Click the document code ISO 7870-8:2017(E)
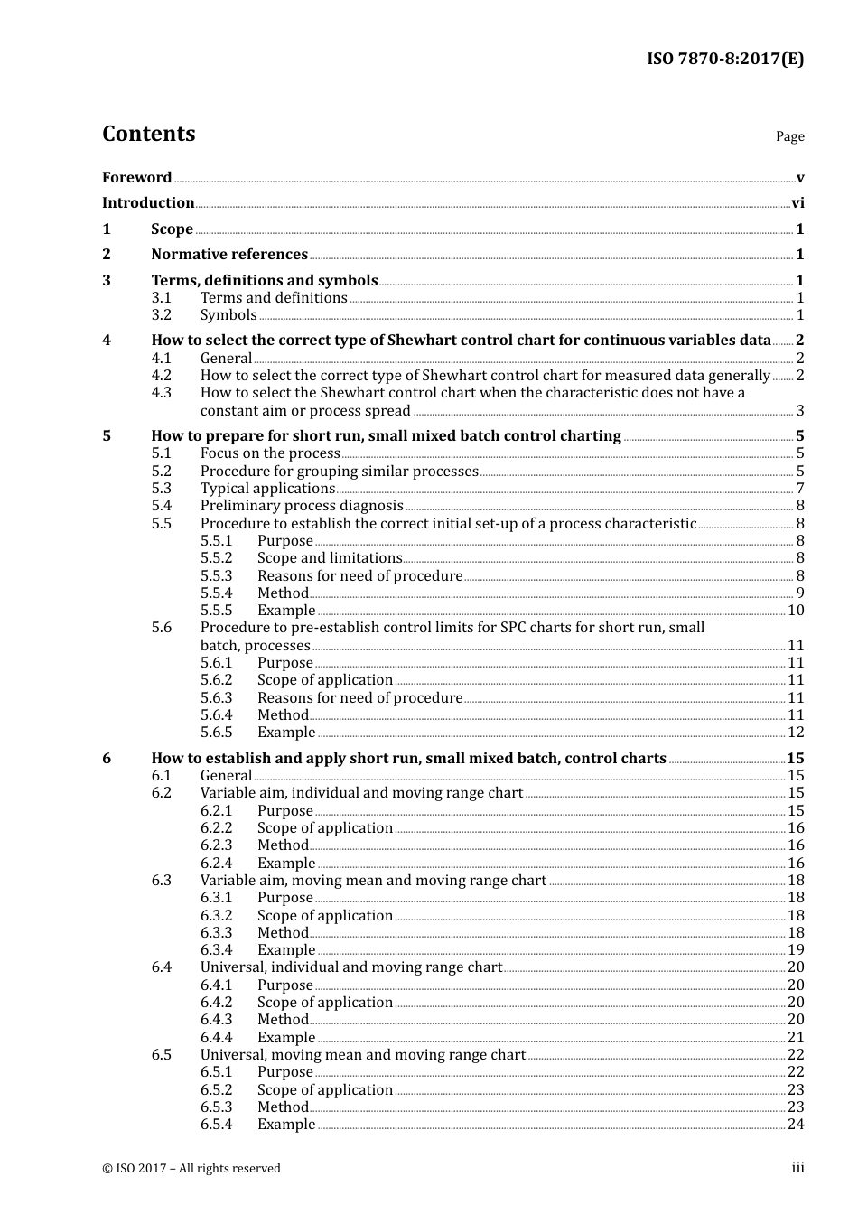coord(724,59)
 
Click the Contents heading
coord(148,134)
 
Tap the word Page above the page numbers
coord(789,136)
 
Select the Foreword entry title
coord(136,178)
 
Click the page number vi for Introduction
coord(797,203)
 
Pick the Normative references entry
coord(229,255)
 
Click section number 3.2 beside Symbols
coord(161,315)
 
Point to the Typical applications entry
coord(267,489)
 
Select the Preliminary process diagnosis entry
coord(302,506)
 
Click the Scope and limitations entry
coord(330,558)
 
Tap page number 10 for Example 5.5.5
coord(796,611)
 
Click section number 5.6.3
coord(216,698)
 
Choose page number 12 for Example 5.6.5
coord(796,733)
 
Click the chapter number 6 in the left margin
coord(107,759)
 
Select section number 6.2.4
coord(216,864)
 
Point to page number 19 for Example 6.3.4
coord(796,950)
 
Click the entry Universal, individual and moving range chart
coord(350,967)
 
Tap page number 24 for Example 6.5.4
coord(796,1125)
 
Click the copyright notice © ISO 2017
coord(191,1169)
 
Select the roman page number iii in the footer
coord(797,1168)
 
